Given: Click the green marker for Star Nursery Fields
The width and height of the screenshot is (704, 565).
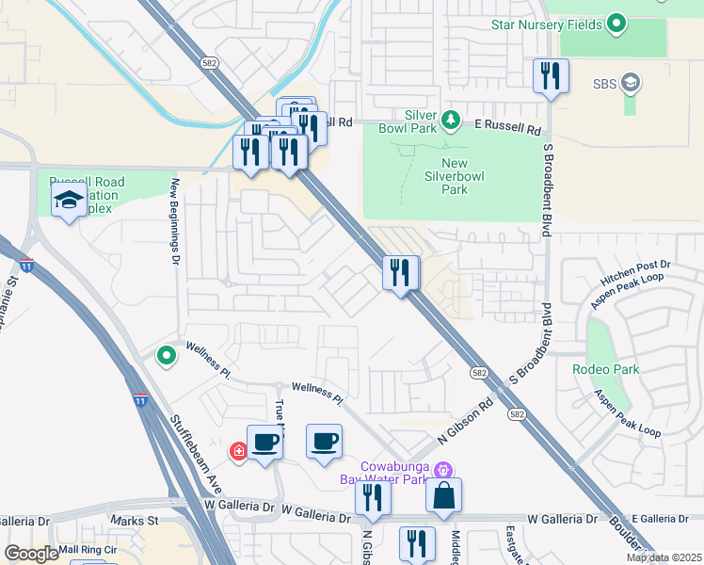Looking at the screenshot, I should coord(617,24).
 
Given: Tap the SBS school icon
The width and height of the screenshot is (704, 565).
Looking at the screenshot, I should coord(631,83).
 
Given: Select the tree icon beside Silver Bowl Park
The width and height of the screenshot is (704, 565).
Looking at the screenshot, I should coord(451,120).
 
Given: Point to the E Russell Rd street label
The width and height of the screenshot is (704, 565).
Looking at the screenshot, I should coord(507,125).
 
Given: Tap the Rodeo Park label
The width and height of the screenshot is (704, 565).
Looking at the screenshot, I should coord(605,369).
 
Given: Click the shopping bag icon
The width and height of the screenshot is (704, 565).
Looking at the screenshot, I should coord(443,495).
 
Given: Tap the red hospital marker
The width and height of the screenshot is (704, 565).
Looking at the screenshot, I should coord(239,452).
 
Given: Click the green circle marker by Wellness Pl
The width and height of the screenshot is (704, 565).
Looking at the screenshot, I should coord(167,355).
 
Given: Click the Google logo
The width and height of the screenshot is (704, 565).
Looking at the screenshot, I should coord(31,554).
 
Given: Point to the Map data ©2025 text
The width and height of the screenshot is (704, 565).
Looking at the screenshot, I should coord(663,557).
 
